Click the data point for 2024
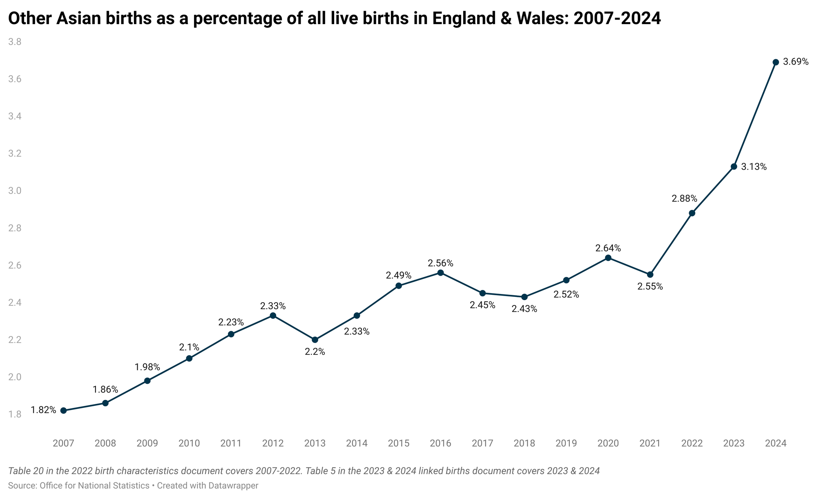pos(776,62)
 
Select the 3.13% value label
pos(754,167)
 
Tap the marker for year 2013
pos(315,340)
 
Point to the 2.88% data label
pos(684,199)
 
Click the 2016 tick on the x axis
pos(440,443)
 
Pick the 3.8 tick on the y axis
pos(15,42)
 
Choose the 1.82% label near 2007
pos(44,410)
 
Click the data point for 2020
pos(608,258)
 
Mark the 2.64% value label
pos(608,248)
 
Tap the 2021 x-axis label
pos(650,443)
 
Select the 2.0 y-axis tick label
pos(15,377)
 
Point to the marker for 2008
pos(105,403)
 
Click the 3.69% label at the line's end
pos(796,62)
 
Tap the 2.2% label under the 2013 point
pos(315,352)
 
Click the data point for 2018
pos(525,297)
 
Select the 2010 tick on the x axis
pos(189,443)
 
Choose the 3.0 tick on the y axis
pos(15,191)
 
